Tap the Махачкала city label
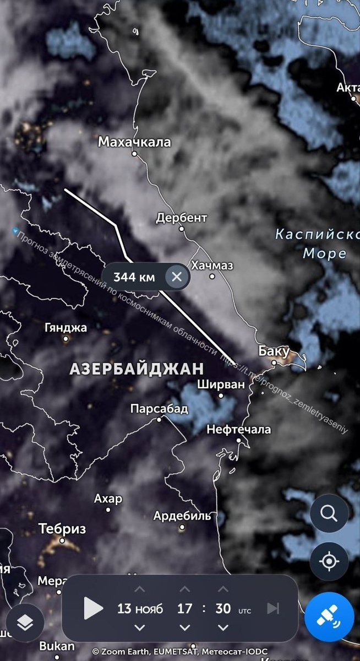pyautogui.click(x=134, y=142)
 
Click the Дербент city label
pyautogui.click(x=182, y=218)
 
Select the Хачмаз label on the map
pyautogui.click(x=212, y=266)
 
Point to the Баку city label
pyautogui.click(x=274, y=351)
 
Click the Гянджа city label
pyautogui.click(x=66, y=328)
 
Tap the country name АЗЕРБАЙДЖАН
pyautogui.click(x=137, y=369)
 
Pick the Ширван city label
pyautogui.click(x=221, y=384)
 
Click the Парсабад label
pyautogui.click(x=159, y=409)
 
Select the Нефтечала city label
pyautogui.click(x=239, y=429)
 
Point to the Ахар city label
pyautogui.click(x=108, y=499)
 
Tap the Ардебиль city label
pyautogui.click(x=182, y=516)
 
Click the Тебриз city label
pyautogui.click(x=62, y=529)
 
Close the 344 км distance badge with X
pyautogui.click(x=176, y=277)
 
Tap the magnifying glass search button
pyautogui.click(x=329, y=514)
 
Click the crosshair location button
pyautogui.click(x=329, y=562)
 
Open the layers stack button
pyautogui.click(x=25, y=622)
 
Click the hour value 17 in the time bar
pyautogui.click(x=185, y=608)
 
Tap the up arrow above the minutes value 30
pyautogui.click(x=223, y=589)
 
